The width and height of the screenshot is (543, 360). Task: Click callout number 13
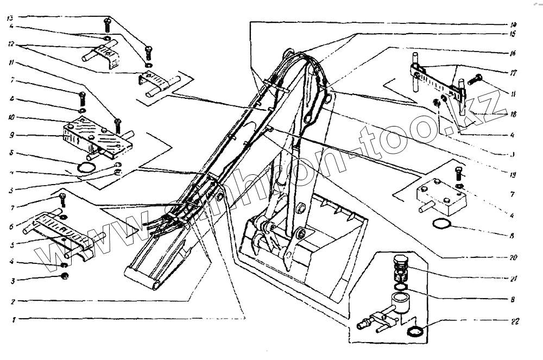(x=11, y=18)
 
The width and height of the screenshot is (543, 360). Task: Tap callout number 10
(x=11, y=116)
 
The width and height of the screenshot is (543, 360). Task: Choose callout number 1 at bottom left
(x=11, y=320)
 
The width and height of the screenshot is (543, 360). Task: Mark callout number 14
(x=514, y=24)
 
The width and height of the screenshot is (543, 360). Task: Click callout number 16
(x=514, y=53)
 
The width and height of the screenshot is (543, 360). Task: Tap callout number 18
(x=514, y=115)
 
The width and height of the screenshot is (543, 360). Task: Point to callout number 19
(x=514, y=175)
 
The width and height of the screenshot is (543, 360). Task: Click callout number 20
(x=514, y=257)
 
